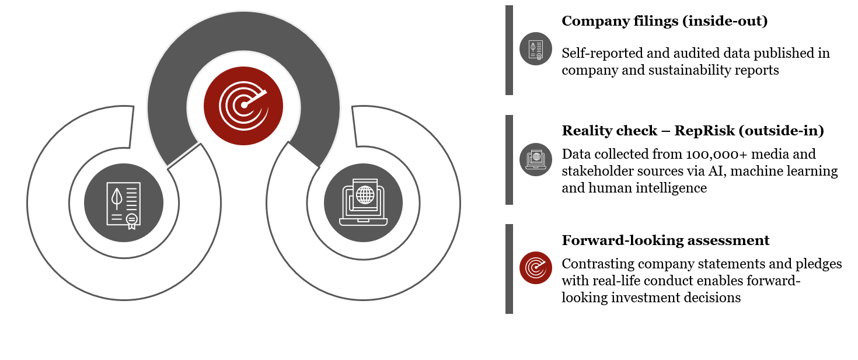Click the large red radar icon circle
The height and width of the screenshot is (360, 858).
coord(243,106)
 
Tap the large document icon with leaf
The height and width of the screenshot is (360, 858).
coord(124,204)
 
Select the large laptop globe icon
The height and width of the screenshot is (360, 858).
coord(363,202)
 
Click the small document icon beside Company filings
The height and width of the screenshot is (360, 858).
coord(536,48)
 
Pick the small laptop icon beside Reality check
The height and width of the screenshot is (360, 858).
coord(536,159)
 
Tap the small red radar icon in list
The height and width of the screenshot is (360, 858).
coord(536,268)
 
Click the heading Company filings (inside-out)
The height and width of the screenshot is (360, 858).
coord(664,22)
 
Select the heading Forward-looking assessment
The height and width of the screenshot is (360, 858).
coord(665,240)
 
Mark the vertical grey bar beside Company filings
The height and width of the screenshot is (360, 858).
coord(509,50)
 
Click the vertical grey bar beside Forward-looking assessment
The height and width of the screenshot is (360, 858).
coord(509,268)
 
